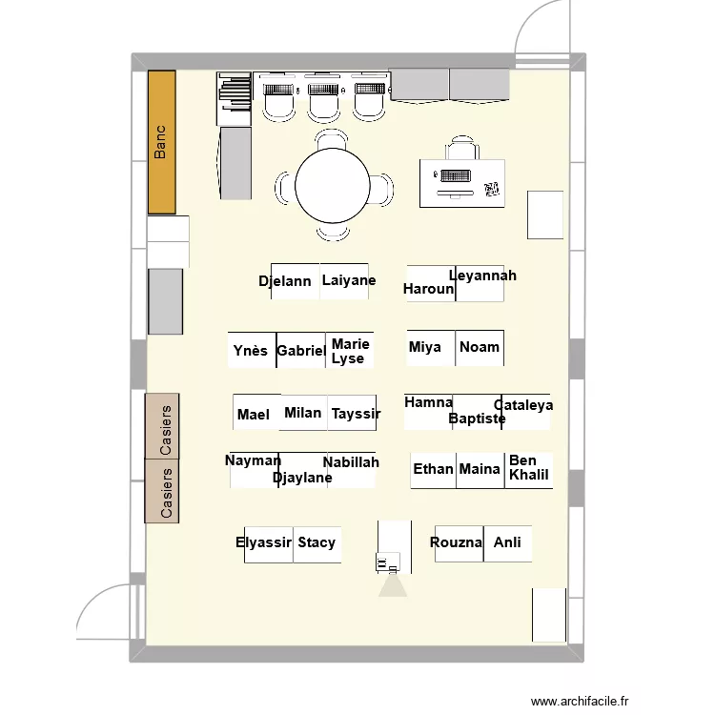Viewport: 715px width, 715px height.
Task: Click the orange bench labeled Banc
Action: pos(162,142)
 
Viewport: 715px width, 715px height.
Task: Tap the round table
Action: pos(333,186)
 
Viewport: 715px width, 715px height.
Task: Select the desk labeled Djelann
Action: pos(296,281)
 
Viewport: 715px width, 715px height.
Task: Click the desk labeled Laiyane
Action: pos(344,281)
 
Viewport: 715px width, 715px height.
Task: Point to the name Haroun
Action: pos(428,289)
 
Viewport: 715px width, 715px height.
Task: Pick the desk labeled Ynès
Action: pos(253,350)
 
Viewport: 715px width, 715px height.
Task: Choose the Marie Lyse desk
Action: pos(350,350)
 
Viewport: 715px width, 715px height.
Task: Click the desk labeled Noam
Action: pos(480,348)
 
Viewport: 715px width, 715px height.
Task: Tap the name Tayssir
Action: pos(356,414)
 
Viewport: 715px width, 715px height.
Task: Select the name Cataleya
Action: pos(523,405)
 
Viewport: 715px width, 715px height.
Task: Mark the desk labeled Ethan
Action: pos(433,471)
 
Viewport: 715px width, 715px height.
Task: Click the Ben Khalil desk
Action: pos(529,471)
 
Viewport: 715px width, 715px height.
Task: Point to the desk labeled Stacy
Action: pos(317,544)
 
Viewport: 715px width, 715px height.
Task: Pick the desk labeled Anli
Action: pos(507,543)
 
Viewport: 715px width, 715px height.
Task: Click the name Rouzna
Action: pos(456,542)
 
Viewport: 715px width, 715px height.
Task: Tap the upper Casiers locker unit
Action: pos(162,426)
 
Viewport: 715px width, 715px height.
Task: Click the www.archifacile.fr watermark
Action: pos(580,701)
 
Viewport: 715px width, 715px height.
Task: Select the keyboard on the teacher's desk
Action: pos(456,175)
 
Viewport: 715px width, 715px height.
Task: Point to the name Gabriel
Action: pos(301,351)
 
